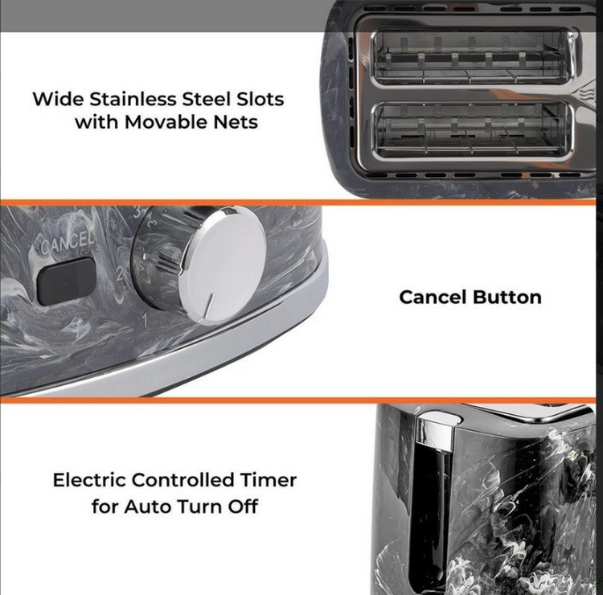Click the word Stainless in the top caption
pos(133,99)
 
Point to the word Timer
pos(269,480)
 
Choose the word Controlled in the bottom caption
pos(183,480)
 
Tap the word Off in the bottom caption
pos(243,507)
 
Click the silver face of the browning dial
pos(223,266)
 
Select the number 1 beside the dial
pos(145,320)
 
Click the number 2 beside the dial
pos(120,273)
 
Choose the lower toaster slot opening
pos(473,130)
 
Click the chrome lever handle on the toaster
pos(435,430)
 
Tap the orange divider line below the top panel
pos(298,202)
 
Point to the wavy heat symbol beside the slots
pos(586,94)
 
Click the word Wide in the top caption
pos(58,99)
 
